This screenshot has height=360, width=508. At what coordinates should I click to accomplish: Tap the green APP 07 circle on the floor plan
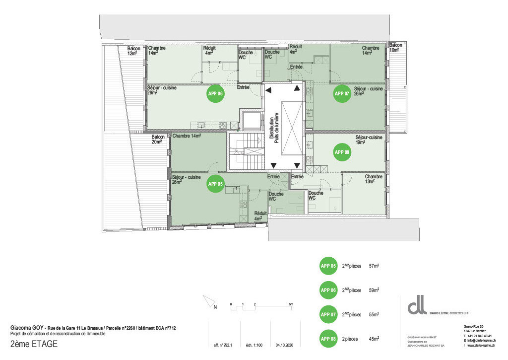coord(342,93)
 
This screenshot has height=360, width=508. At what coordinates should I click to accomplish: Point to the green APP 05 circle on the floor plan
coord(216,183)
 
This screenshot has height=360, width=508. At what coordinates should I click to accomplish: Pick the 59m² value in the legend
coord(374,290)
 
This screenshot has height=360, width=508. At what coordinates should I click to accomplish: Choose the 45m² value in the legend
coord(374,339)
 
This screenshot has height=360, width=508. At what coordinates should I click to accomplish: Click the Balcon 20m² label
coord(157,140)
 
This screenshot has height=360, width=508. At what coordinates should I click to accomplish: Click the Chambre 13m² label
coord(374,179)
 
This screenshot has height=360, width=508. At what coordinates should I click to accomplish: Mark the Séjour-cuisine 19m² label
coord(369,140)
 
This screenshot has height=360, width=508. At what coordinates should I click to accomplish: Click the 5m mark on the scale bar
coord(291,303)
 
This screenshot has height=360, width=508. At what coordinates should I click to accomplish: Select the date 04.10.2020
coord(285,345)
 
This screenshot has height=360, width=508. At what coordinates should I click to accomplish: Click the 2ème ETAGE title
coord(34,344)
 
